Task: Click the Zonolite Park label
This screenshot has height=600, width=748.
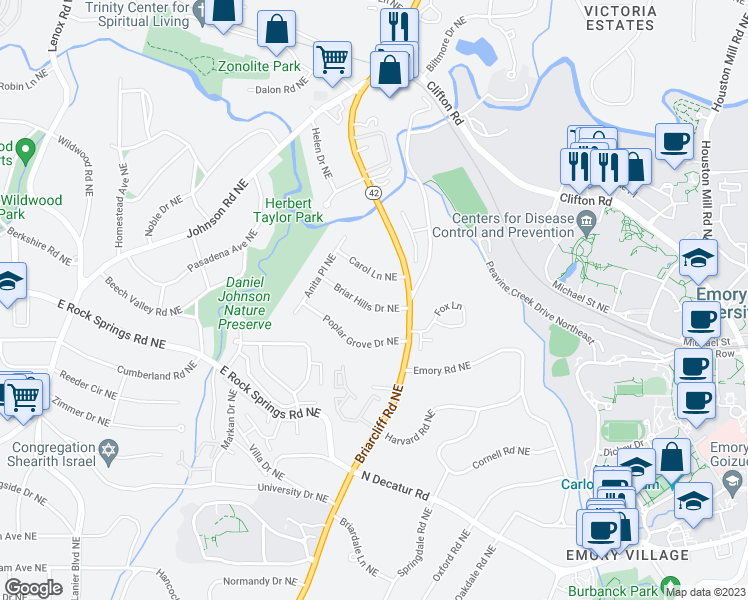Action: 259,67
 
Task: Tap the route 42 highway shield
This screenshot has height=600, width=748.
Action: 373,192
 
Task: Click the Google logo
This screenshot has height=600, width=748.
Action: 33,588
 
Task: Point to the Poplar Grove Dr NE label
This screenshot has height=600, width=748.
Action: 361,333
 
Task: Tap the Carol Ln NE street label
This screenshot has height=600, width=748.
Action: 373,269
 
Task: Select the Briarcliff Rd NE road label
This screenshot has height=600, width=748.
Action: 384,411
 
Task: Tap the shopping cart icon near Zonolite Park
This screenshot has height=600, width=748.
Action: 332,58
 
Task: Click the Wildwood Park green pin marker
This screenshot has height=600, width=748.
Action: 26,151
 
